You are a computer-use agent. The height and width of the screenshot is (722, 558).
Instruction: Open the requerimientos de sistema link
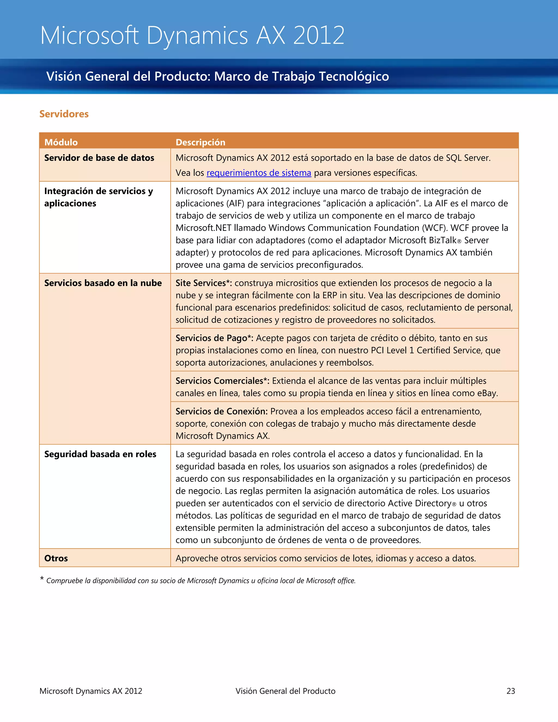(x=259, y=173)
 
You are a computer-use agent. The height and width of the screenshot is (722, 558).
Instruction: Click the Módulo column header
(x=61, y=142)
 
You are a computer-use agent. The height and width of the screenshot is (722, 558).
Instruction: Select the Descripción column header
(x=200, y=142)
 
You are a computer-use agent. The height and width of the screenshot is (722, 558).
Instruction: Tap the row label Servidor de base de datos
(x=99, y=158)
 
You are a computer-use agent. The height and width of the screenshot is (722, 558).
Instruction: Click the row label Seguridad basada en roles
(x=100, y=454)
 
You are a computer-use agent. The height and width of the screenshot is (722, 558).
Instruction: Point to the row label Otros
(x=56, y=558)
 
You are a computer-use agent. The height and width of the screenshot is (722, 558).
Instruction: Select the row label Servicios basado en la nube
(x=103, y=283)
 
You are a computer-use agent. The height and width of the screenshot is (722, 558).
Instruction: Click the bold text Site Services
(x=201, y=283)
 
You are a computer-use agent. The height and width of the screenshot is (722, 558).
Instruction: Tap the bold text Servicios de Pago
(x=211, y=338)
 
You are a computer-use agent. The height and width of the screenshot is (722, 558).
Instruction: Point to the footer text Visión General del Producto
(x=285, y=691)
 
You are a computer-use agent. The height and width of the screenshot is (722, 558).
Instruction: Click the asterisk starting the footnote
(x=42, y=579)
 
